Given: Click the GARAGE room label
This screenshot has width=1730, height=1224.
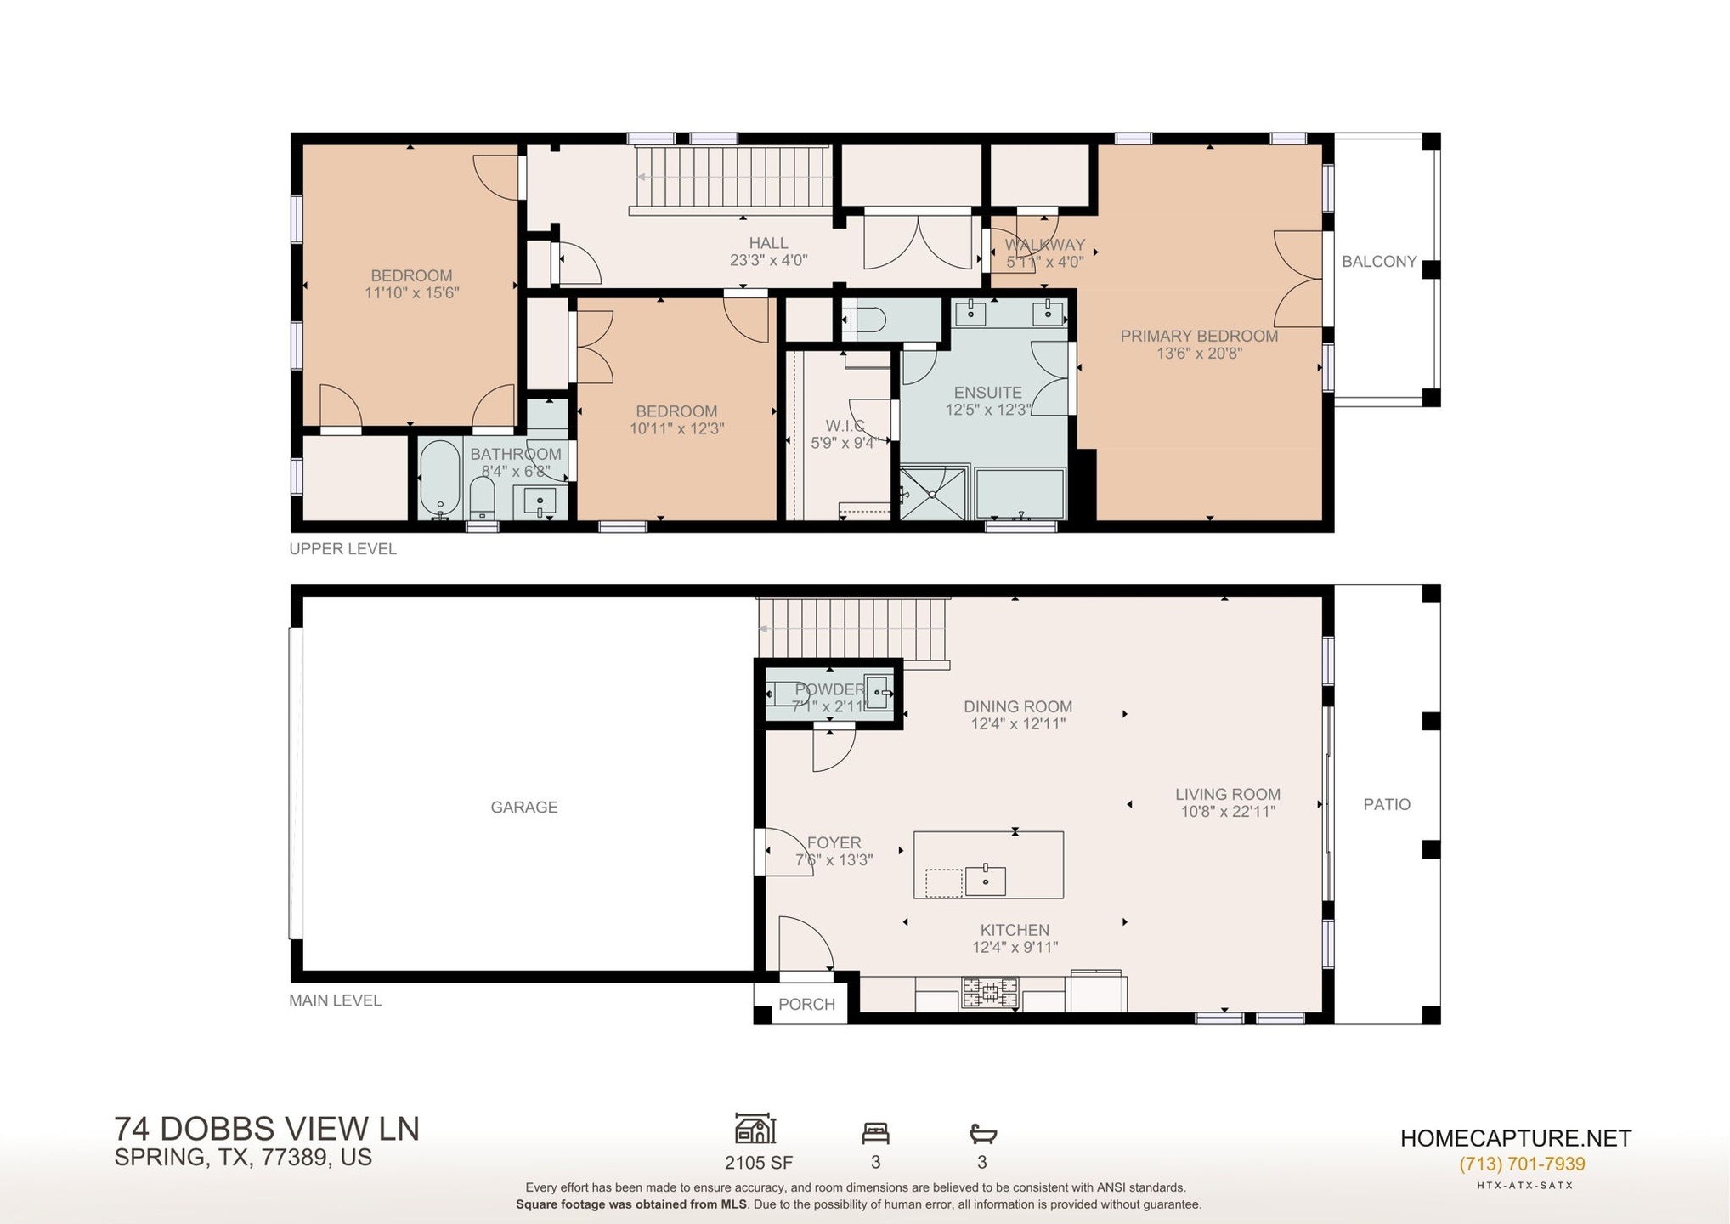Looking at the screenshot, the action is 524,807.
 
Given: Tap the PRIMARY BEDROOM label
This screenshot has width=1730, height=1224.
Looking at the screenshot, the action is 1199,336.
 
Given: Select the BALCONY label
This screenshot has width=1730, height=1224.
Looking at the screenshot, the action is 1379,262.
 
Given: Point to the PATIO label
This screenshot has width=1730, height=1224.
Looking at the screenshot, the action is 1387,804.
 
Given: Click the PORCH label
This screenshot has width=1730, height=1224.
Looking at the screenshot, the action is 806,1004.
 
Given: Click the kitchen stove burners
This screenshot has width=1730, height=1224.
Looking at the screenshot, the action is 990,992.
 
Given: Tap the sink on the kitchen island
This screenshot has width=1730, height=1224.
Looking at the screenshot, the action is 986,880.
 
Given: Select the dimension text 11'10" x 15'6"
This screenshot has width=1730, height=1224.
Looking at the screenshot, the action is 412,293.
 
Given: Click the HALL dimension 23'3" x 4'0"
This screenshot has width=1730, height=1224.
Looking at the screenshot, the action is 768,260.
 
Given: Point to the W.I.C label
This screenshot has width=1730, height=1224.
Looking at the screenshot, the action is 845,425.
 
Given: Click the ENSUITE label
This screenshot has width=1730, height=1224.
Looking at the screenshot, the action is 987,393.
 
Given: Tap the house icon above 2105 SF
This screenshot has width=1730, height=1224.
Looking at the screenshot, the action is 755,1129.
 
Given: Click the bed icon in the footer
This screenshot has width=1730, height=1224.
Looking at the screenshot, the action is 875,1133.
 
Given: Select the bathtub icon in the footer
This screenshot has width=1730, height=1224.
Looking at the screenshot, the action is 982,1133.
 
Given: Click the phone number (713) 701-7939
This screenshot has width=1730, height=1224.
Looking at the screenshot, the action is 1522,1164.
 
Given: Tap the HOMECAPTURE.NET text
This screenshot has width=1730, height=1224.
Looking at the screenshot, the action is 1516,1139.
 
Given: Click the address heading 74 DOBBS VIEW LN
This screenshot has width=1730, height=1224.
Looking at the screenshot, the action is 267,1129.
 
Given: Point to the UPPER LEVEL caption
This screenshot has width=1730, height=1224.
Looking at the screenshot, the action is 343,549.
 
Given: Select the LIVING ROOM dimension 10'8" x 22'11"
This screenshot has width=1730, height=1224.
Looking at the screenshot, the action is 1228,812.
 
